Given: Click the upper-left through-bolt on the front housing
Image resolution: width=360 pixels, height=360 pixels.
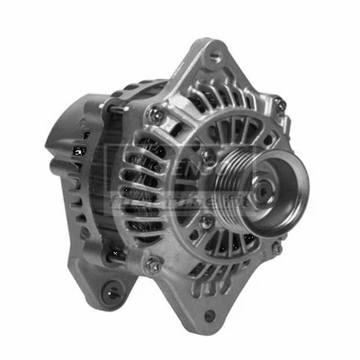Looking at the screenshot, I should click(154, 114).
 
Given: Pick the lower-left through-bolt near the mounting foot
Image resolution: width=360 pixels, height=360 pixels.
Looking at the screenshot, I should click(153, 265).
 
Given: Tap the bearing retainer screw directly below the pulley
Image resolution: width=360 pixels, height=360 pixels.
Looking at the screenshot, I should click(206, 221).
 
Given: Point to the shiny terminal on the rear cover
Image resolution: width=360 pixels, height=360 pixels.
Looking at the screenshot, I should click(78, 151).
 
